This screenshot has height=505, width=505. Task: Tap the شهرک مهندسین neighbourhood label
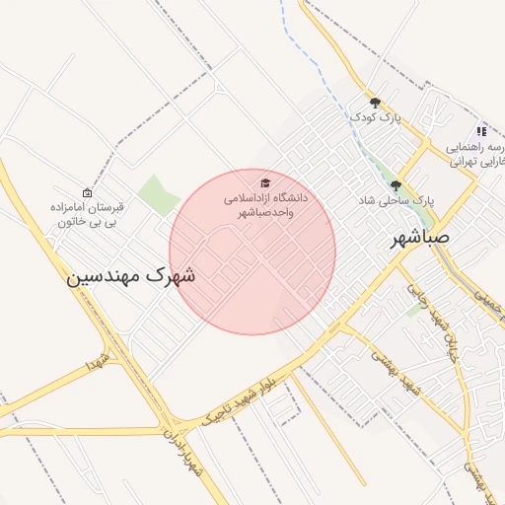(x=131, y=276)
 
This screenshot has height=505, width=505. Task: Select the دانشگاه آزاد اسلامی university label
(x=267, y=205)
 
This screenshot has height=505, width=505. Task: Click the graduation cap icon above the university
(x=264, y=183)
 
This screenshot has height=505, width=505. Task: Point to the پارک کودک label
(x=377, y=117)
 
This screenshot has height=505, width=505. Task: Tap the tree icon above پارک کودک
(x=375, y=102)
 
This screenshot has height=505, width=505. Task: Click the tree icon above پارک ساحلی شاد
(x=396, y=184)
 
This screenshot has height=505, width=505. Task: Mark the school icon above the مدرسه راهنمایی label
(x=481, y=130)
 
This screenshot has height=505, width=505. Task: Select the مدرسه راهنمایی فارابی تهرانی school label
(x=477, y=153)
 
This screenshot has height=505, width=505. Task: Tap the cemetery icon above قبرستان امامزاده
(x=88, y=193)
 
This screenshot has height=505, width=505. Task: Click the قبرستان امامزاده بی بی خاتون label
(x=89, y=215)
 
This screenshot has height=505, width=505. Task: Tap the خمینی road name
(x=485, y=295)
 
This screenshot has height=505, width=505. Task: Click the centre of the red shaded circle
(x=252, y=252)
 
